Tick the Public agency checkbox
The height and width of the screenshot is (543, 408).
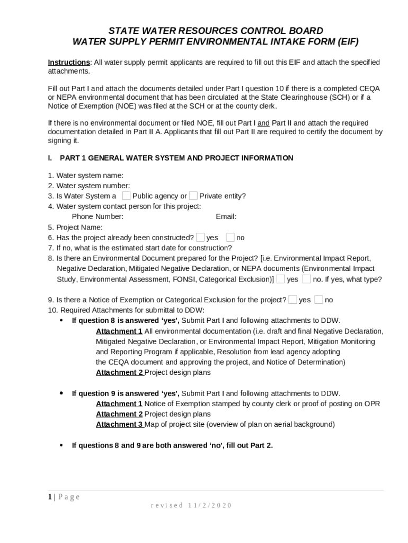click(126, 196)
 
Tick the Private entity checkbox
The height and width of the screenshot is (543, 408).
click(193, 196)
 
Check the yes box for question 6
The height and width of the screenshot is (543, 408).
click(200, 237)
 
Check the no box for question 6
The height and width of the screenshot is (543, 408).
click(230, 237)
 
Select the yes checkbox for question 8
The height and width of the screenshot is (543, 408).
click(280, 279)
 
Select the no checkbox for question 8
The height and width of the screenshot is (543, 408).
click(306, 279)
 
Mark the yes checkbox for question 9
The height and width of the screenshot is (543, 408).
click(292, 300)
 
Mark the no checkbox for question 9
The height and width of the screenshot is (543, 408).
click(318, 300)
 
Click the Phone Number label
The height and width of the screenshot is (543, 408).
click(97, 217)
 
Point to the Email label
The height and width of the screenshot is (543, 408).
click(226, 217)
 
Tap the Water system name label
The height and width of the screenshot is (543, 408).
click(90, 176)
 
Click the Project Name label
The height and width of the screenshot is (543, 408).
click(79, 227)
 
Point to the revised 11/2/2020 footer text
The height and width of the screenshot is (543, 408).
click(191, 505)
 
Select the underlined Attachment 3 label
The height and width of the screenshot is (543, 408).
click(119, 424)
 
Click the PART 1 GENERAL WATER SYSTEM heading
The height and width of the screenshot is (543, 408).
click(176, 158)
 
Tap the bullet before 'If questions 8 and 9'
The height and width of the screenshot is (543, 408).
click(61, 445)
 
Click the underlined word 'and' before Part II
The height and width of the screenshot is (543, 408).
click(263, 123)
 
